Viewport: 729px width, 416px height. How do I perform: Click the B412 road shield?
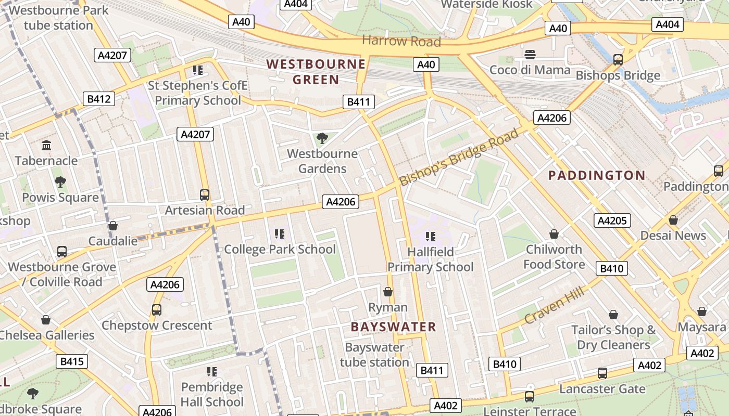tap(99, 99)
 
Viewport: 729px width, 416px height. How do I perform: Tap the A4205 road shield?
tap(612, 220)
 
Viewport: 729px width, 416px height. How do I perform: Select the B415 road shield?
tap(72, 361)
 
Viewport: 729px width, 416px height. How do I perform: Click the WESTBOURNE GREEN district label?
tap(316, 72)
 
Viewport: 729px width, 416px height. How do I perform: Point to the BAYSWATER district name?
tap(393, 327)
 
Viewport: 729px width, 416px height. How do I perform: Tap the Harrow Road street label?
tap(401, 41)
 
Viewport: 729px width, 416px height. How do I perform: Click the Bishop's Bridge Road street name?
tap(459, 157)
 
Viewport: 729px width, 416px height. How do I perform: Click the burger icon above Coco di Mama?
tap(530, 55)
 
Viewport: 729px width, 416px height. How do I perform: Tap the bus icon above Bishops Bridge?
tap(618, 60)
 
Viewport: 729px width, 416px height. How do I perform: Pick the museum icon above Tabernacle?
tap(46, 145)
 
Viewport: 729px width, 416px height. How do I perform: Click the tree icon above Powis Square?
tap(60, 182)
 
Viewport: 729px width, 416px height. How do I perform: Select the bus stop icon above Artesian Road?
tap(205, 195)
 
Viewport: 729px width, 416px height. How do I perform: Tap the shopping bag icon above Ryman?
tap(387, 292)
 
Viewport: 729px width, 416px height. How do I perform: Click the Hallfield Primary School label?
tap(430, 259)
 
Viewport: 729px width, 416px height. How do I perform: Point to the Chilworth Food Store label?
tap(554, 257)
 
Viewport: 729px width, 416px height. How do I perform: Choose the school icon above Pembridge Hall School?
tap(211, 372)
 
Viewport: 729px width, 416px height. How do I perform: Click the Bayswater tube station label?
tap(374, 355)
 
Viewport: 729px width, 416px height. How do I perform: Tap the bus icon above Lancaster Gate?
tap(602, 373)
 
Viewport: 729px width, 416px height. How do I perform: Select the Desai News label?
tap(673, 236)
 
